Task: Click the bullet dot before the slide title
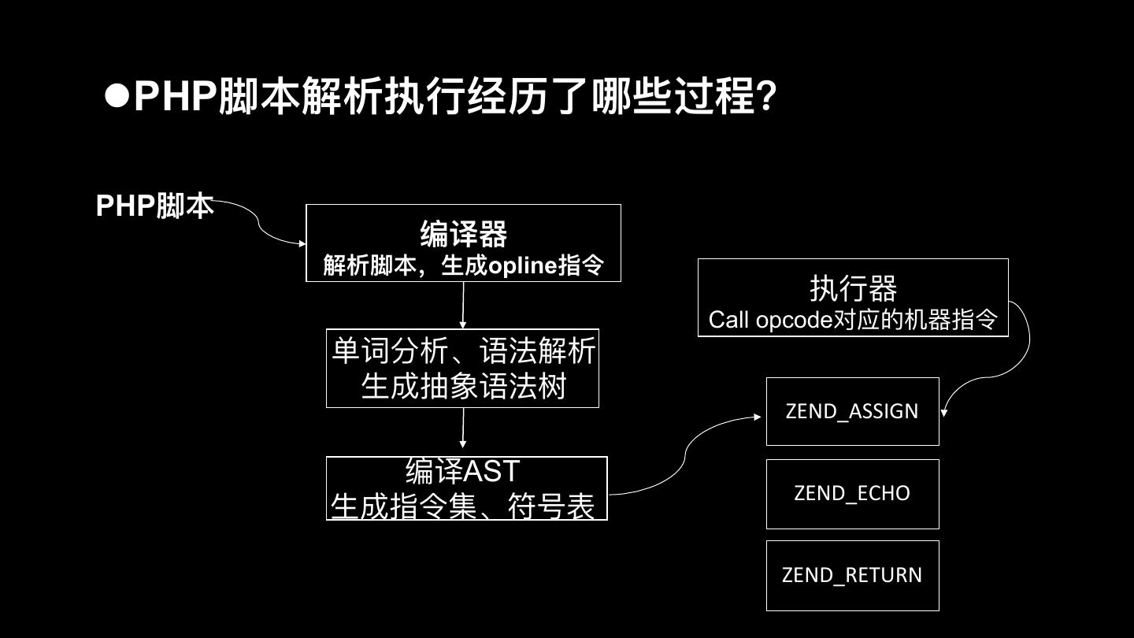tap(117, 96)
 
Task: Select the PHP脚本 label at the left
tap(154, 206)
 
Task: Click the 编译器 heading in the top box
tap(463, 233)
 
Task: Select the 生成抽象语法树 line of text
tap(463, 387)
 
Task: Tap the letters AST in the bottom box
tap(491, 471)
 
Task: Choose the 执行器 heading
tap(853, 288)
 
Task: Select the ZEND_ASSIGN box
tap(852, 411)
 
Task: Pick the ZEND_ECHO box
tap(852, 494)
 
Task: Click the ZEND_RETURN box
tap(852, 575)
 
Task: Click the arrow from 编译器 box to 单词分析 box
tap(463, 306)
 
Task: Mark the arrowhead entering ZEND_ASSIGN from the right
tap(943, 411)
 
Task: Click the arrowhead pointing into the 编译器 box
tap(302, 243)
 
